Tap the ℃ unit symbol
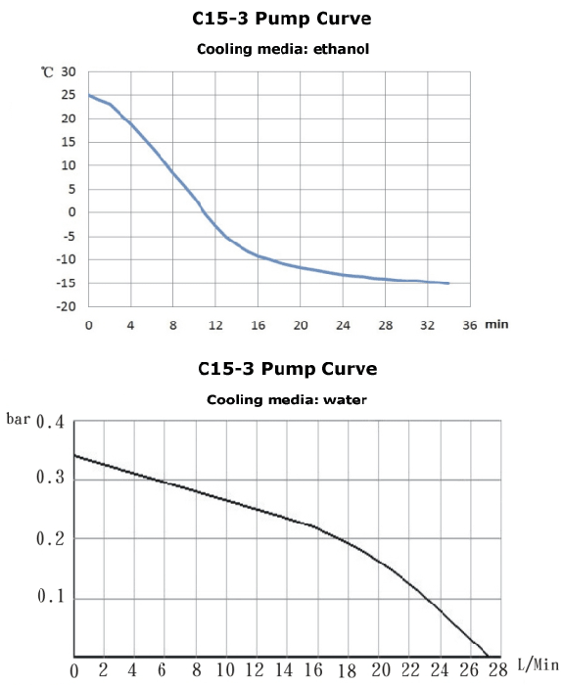pos(47,72)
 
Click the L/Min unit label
pos(537,665)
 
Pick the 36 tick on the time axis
pos(470,324)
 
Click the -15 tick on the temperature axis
pos(67,283)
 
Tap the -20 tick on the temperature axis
pos(67,306)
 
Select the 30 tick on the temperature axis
pos(69,72)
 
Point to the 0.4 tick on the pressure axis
pos(49,424)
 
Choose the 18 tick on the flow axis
pos(347,671)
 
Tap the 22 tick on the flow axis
pos(409,671)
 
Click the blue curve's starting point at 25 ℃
pos(89,95)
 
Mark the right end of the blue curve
pos(448,283)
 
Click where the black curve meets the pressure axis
pos(75,455)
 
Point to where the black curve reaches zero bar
pos(487,656)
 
